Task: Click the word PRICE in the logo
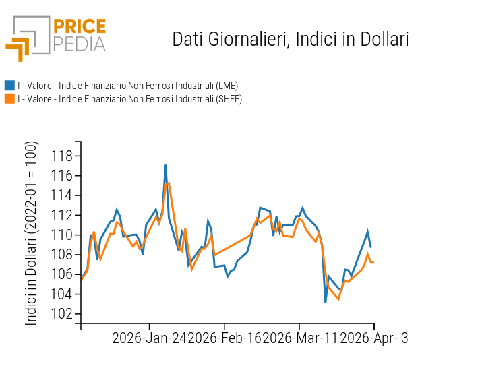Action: pos(80,27)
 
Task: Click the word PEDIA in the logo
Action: pos(80,44)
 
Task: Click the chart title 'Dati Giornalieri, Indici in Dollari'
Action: pos(291,39)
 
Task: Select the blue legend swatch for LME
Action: pos(9,86)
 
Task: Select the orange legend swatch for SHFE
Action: pos(9,99)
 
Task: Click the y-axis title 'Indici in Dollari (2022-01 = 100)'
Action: pos(32,233)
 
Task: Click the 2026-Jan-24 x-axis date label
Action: pos(150,338)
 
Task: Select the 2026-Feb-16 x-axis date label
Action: pos(225,338)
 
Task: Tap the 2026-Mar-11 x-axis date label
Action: pos(301,338)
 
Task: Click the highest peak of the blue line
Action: pos(165,165)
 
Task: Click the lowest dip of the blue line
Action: pos(326,302)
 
